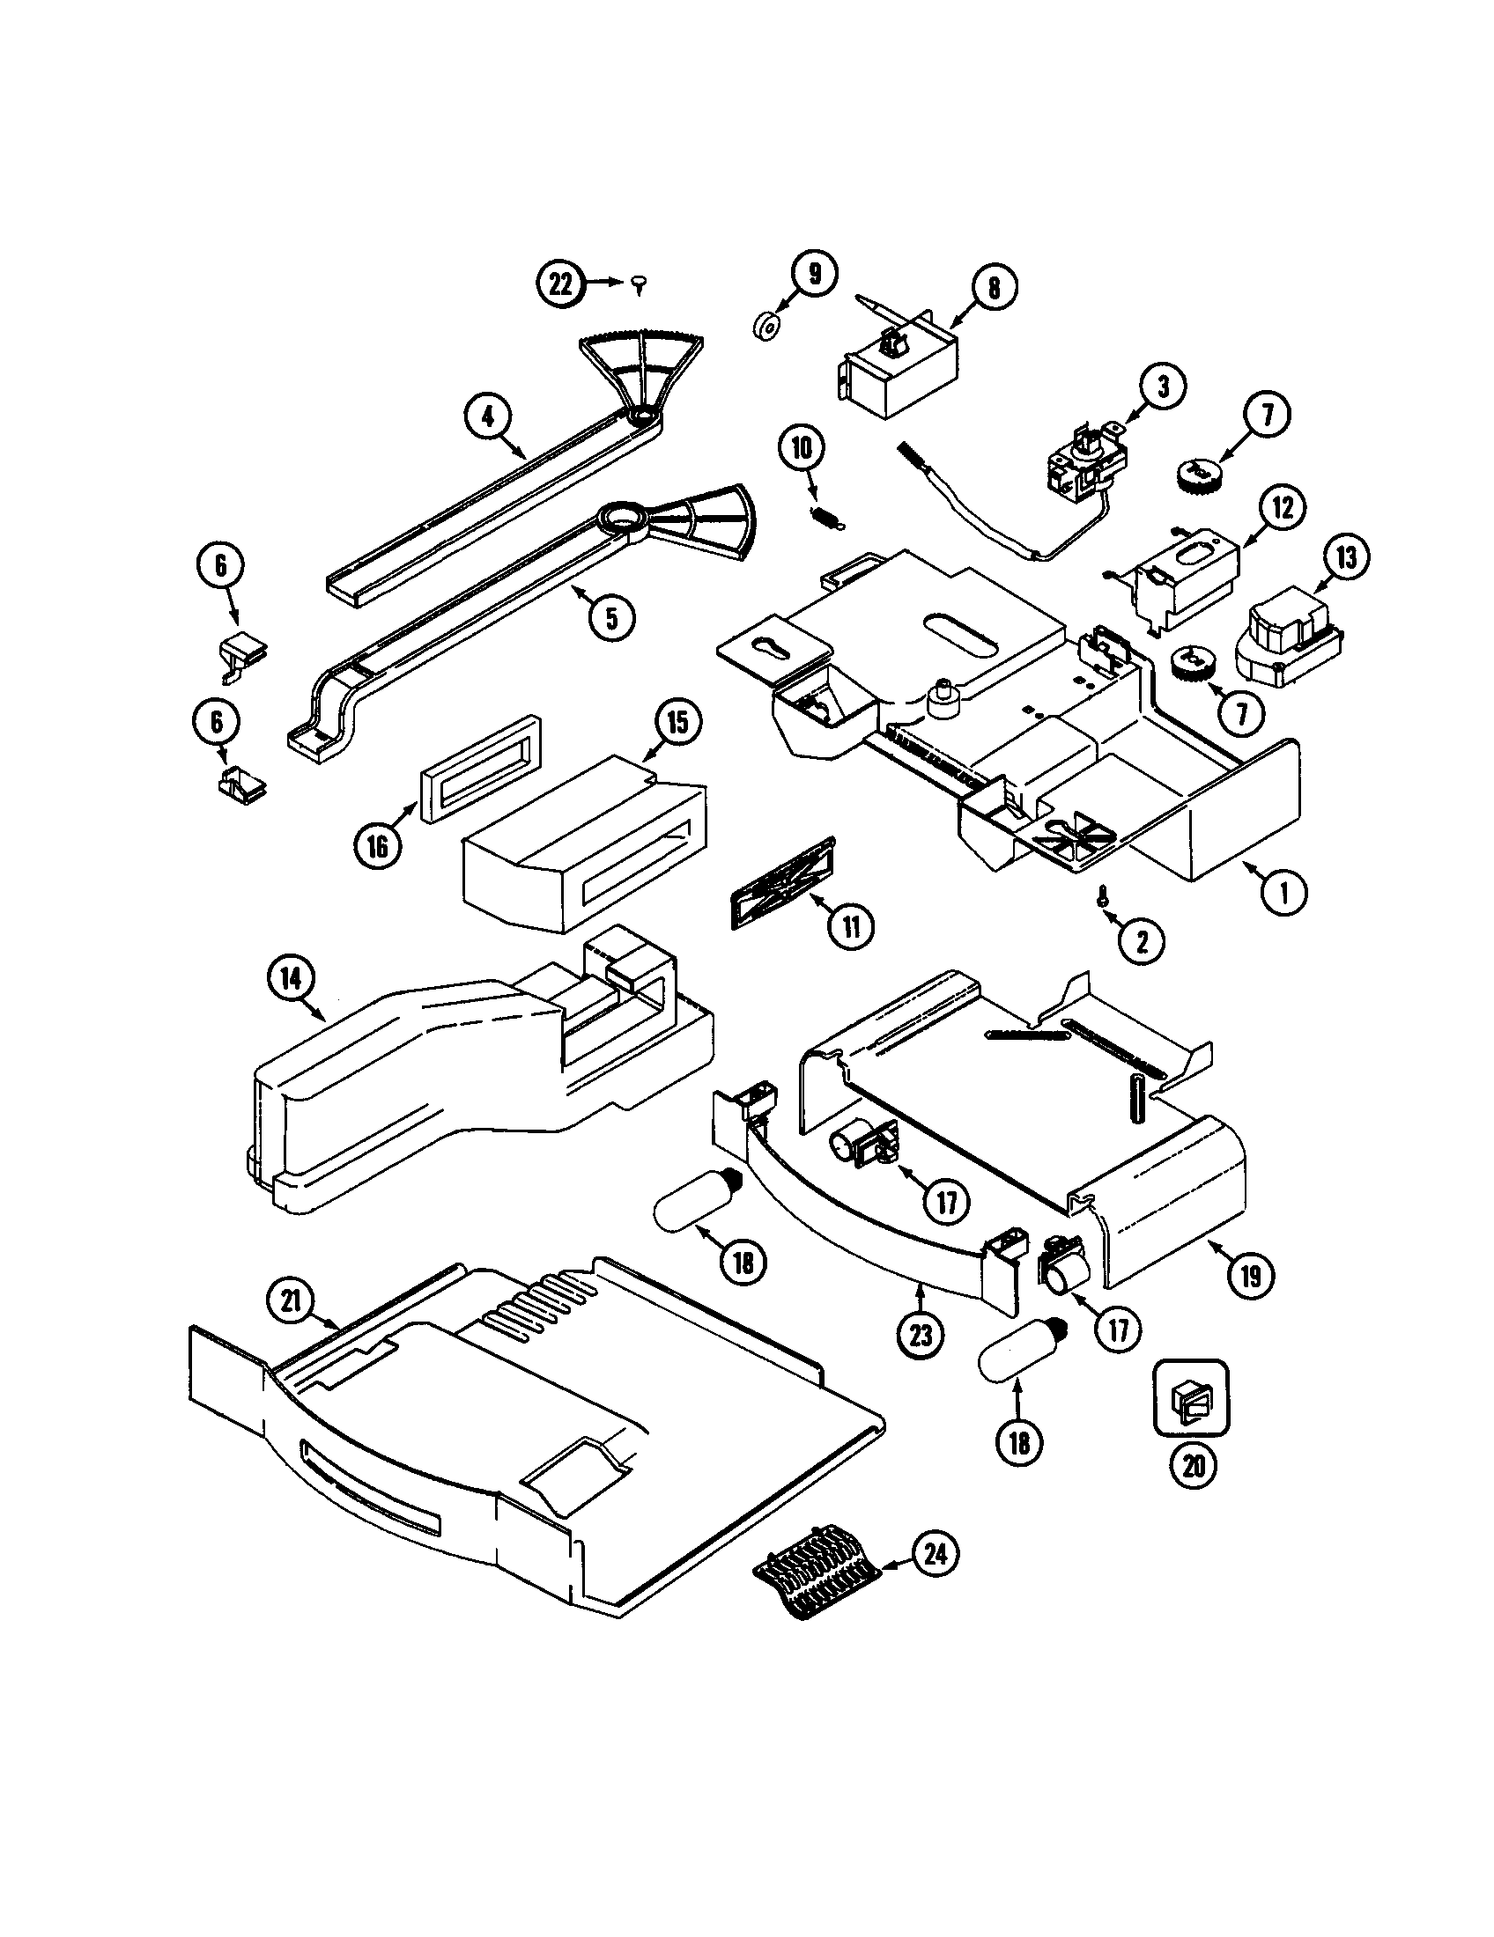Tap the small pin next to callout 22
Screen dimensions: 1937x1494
click(x=640, y=284)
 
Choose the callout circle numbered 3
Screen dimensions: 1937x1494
click(x=1163, y=387)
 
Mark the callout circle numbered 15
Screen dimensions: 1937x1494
click(x=676, y=722)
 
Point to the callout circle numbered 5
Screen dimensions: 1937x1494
click(x=611, y=617)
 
